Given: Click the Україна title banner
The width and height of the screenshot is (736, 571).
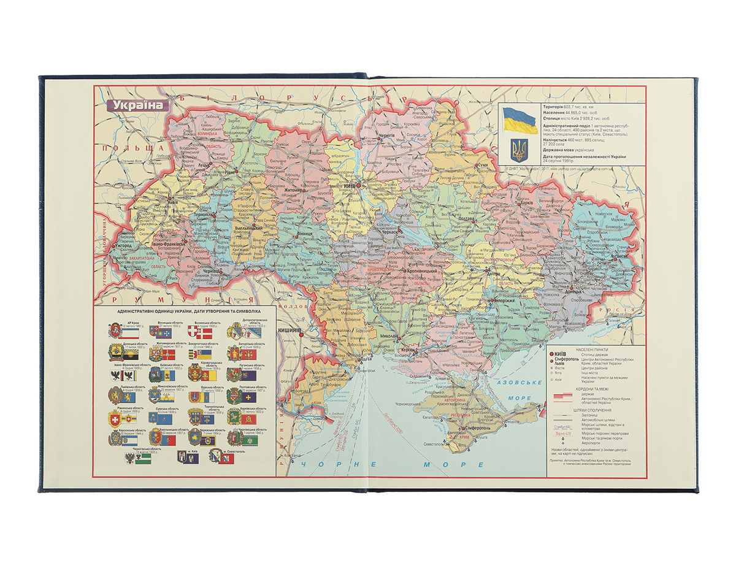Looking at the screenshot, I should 137,104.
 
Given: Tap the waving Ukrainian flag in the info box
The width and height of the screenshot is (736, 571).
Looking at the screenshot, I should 519,120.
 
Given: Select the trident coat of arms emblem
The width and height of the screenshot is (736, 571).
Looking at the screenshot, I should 519,150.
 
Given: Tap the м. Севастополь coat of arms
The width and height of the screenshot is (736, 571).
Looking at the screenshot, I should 215,456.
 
